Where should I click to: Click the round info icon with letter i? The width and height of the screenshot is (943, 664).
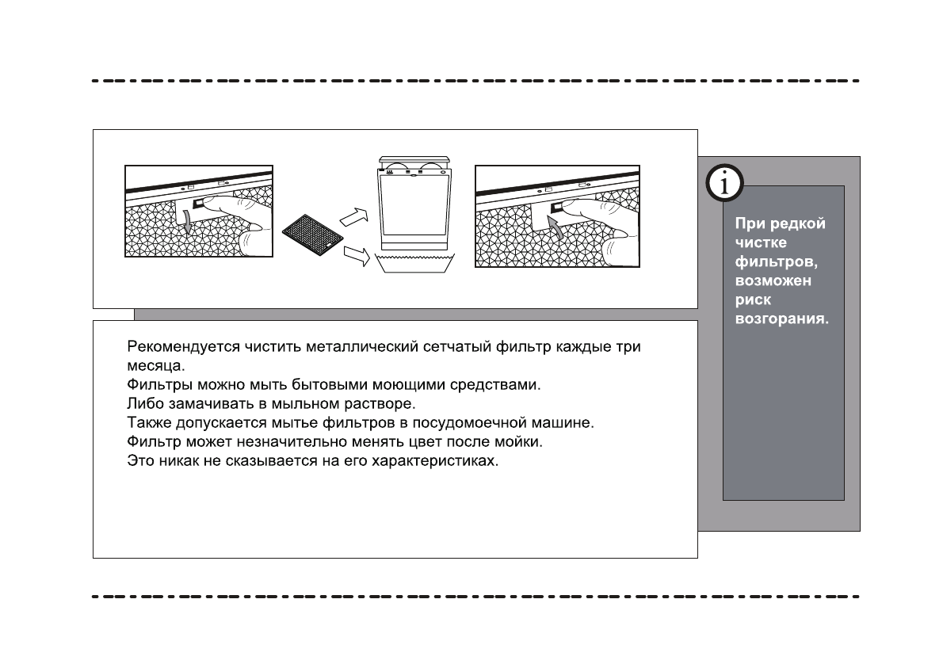[x=723, y=185]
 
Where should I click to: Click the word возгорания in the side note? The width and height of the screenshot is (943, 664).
[x=782, y=320]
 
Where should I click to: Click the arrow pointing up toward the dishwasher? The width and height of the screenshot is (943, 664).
[x=353, y=214]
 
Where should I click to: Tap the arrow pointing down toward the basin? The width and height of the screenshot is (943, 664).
[x=359, y=256]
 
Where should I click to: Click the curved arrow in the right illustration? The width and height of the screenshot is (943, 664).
[x=557, y=231]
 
